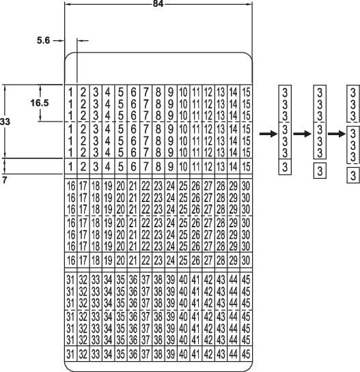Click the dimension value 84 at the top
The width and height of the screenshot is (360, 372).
(x=158, y=5)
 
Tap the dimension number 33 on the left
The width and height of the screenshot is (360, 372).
(x=6, y=121)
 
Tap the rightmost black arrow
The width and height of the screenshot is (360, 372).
(x=336, y=133)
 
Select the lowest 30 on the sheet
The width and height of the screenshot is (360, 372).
(x=247, y=260)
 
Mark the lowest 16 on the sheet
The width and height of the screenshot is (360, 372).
(x=71, y=260)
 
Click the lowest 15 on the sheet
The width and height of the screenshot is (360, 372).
(x=247, y=166)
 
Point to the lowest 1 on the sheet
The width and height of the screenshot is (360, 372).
(x=71, y=166)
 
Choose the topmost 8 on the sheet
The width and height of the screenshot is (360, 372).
(x=158, y=91)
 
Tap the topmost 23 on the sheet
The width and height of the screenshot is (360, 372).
(x=158, y=186)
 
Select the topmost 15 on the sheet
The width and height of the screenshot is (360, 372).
(x=247, y=91)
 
